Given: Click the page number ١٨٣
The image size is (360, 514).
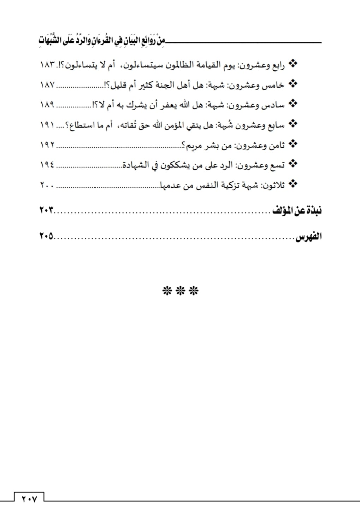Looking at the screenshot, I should (x=47, y=65).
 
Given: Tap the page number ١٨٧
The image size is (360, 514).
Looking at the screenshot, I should (x=47, y=85).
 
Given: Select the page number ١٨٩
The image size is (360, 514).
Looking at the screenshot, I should (x=47, y=105).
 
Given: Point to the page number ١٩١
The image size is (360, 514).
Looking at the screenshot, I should (x=47, y=125).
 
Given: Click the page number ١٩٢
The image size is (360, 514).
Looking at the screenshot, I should (x=47, y=145).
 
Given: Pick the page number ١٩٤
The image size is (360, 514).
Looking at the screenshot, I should (x=47, y=165).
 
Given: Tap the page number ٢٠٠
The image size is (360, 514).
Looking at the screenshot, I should (x=47, y=185).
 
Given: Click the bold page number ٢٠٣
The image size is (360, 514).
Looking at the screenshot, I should (x=47, y=210).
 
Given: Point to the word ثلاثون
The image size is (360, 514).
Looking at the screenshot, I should (x=272, y=185).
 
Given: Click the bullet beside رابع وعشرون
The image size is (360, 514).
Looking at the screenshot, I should (x=293, y=64).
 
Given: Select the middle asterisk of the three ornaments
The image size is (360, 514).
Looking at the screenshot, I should (x=181, y=291).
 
